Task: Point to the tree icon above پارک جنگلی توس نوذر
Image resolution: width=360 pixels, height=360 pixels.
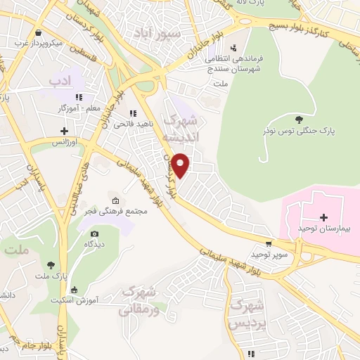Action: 300,119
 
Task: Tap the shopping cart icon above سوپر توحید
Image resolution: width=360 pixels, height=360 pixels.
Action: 268,243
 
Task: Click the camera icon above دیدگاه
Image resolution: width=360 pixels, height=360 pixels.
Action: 94,233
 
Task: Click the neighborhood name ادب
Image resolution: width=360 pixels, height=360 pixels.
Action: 61,82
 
